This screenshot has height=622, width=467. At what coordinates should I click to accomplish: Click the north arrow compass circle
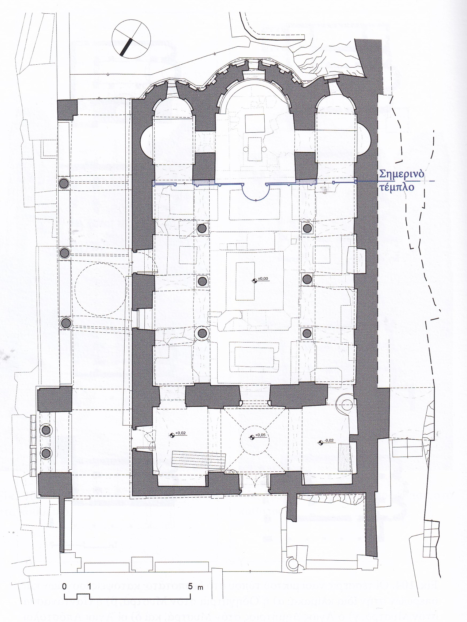click(x=131, y=39)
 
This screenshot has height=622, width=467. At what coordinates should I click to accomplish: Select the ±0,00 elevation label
click(x=263, y=279)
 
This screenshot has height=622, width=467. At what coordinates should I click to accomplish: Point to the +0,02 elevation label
click(x=180, y=433)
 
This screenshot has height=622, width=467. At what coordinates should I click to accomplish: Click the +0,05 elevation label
click(x=260, y=435)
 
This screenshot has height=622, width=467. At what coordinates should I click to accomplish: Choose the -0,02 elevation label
click(x=329, y=440)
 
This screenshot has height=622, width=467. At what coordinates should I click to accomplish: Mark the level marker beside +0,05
click(x=252, y=437)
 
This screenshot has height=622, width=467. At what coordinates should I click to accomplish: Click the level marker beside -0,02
click(x=320, y=443)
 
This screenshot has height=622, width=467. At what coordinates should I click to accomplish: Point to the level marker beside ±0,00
click(x=254, y=281)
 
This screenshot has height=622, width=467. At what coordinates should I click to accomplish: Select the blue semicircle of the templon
click(x=256, y=194)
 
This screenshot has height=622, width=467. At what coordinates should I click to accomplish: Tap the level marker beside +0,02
click(x=172, y=435)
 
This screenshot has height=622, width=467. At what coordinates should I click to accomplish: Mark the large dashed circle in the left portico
click(x=100, y=289)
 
